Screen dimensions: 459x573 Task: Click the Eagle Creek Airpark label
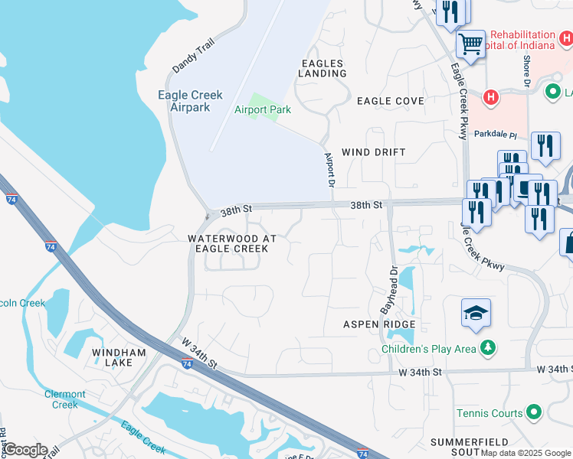tap(190, 101)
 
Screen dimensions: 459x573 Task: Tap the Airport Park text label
tap(263, 109)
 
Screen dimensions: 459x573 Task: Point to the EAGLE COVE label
tap(390, 101)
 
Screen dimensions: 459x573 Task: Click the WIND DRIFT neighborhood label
tap(373, 152)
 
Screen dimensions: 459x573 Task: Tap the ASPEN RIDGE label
tap(378, 325)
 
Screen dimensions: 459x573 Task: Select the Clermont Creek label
tap(65, 399)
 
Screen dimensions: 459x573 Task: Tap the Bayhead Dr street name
tap(388, 290)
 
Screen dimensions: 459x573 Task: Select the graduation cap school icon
tap(476, 314)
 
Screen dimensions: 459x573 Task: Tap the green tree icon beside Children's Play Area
tap(487, 350)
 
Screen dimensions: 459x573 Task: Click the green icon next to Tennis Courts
tap(535, 413)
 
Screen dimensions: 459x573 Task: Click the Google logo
tap(25, 450)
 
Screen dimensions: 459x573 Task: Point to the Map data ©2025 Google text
tap(526, 453)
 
